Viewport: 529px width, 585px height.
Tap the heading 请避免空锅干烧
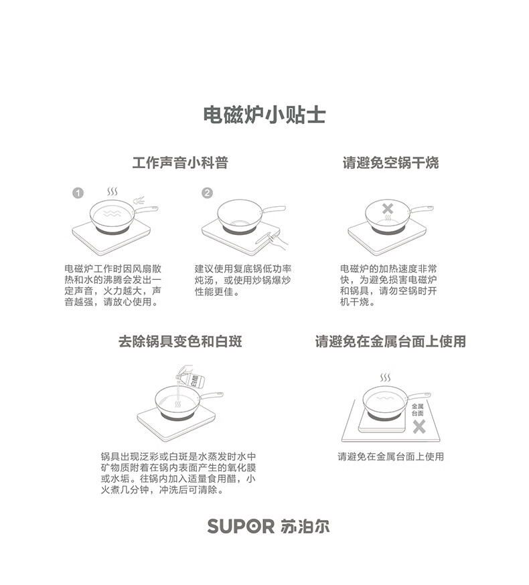[390, 163]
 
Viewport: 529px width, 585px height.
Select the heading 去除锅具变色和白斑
[179, 341]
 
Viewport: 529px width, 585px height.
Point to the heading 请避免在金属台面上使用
[390, 341]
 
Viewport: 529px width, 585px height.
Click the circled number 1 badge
[78, 193]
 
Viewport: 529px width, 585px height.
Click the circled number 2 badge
[207, 193]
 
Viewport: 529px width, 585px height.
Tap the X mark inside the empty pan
[388, 210]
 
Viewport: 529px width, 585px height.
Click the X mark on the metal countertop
[419, 427]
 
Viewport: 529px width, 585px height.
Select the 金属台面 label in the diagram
[418, 410]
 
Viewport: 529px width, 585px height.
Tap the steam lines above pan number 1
[114, 192]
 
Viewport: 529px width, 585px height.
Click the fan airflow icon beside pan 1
[139, 199]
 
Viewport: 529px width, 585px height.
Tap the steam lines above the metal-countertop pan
[385, 379]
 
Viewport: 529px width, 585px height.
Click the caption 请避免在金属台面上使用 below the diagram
[390, 457]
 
